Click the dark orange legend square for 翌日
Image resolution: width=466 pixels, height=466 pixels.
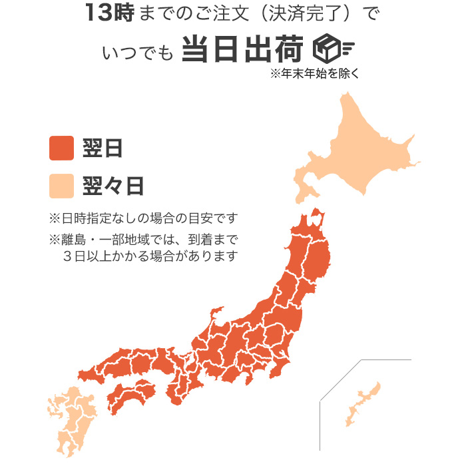point(61,148)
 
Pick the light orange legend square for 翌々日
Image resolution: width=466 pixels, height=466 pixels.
point(61,186)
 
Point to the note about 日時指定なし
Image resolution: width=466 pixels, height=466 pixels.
point(143,218)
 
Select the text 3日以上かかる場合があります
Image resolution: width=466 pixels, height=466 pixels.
point(150,256)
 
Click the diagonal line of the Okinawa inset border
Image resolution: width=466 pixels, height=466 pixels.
point(340,380)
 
